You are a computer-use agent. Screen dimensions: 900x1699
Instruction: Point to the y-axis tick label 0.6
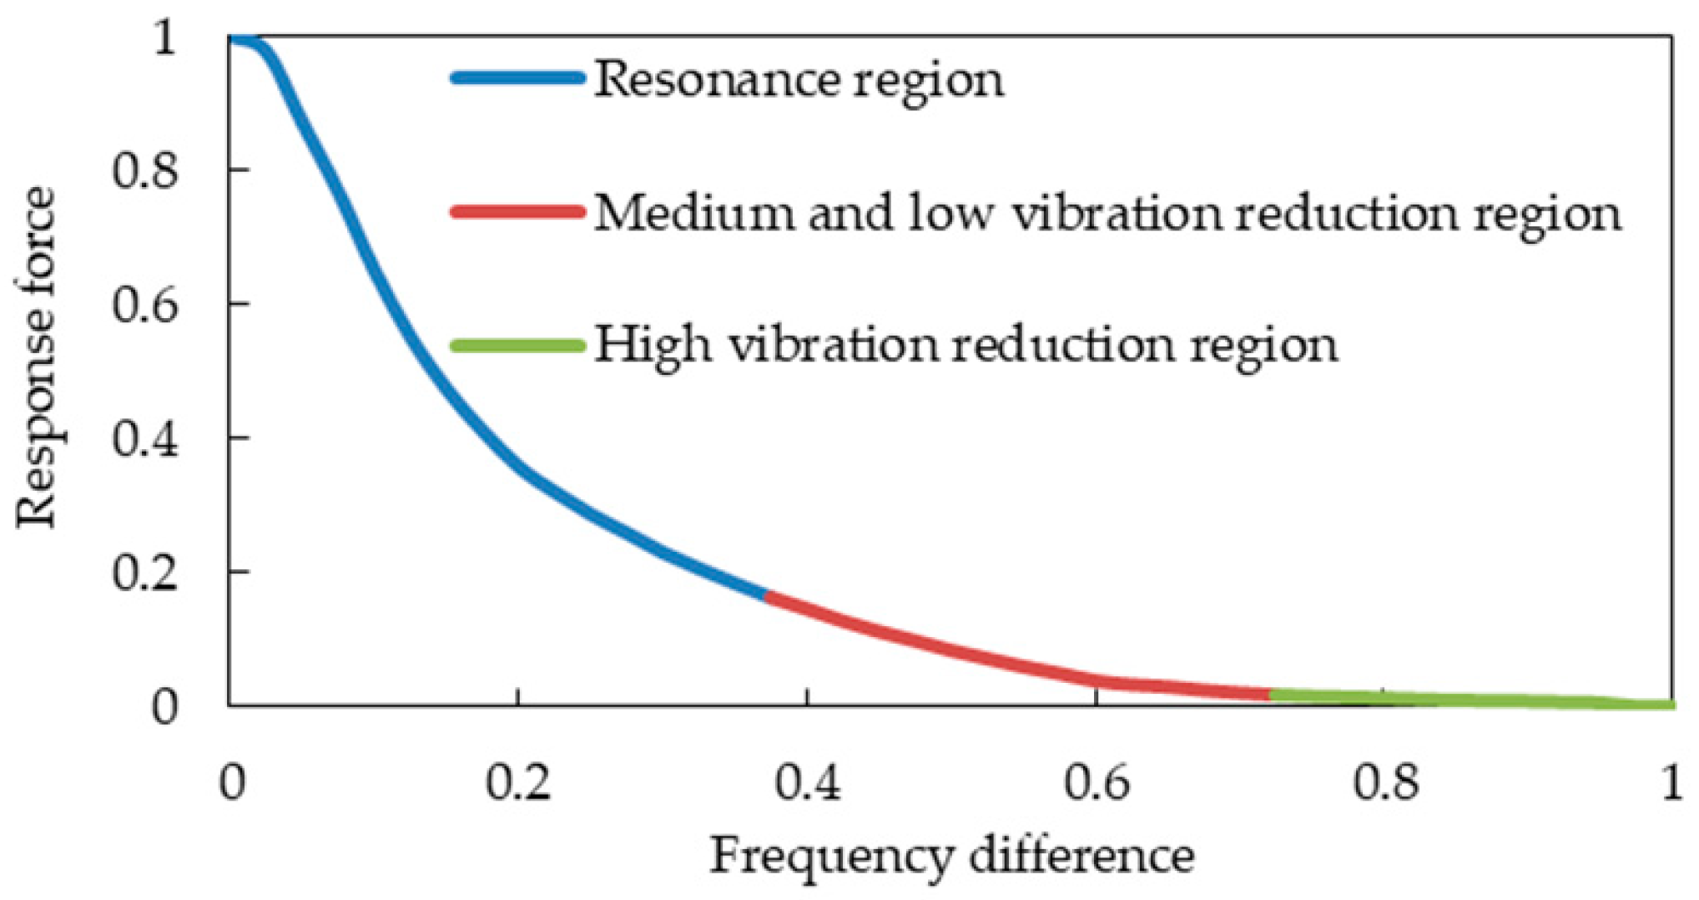(145, 305)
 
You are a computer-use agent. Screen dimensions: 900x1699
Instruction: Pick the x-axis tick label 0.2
(518, 783)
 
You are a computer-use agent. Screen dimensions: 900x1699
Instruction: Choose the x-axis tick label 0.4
(807, 783)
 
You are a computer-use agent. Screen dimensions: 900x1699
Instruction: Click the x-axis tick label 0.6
(1097, 783)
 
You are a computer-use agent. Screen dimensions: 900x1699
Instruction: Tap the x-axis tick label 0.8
(1385, 783)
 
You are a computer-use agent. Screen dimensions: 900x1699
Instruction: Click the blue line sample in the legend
(517, 78)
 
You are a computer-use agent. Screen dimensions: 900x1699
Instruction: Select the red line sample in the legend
(517, 211)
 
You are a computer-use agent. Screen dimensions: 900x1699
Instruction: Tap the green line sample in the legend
(517, 345)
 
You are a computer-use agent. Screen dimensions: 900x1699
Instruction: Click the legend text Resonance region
(799, 81)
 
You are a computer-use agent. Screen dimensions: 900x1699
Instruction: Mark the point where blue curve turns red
(766, 594)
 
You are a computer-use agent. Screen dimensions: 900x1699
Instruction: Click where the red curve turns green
(1270, 694)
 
